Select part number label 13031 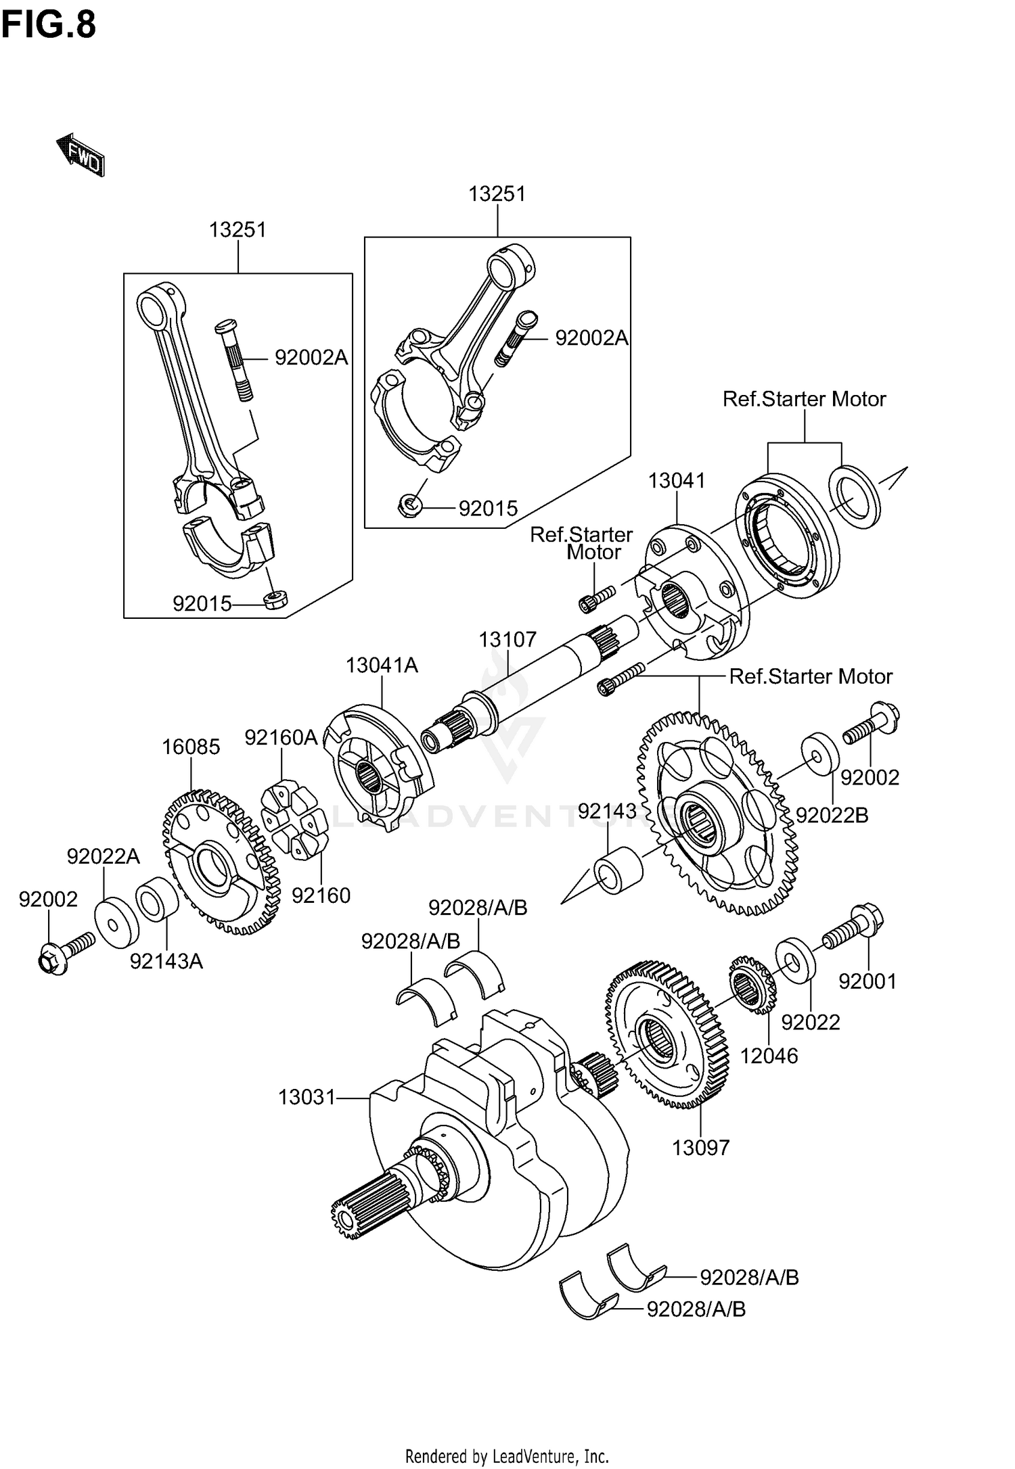click(x=307, y=1097)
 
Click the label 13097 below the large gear click(x=701, y=1148)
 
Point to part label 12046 click(x=769, y=1056)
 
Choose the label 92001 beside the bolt click(x=867, y=981)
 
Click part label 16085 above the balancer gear click(x=191, y=747)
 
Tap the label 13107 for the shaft click(x=507, y=639)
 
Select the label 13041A click(x=382, y=666)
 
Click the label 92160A click(x=281, y=737)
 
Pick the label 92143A click(x=166, y=961)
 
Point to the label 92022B click(x=832, y=816)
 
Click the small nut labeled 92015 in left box click(x=275, y=599)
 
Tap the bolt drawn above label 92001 click(x=854, y=929)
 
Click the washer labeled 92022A click(x=116, y=923)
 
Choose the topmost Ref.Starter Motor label click(x=804, y=399)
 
